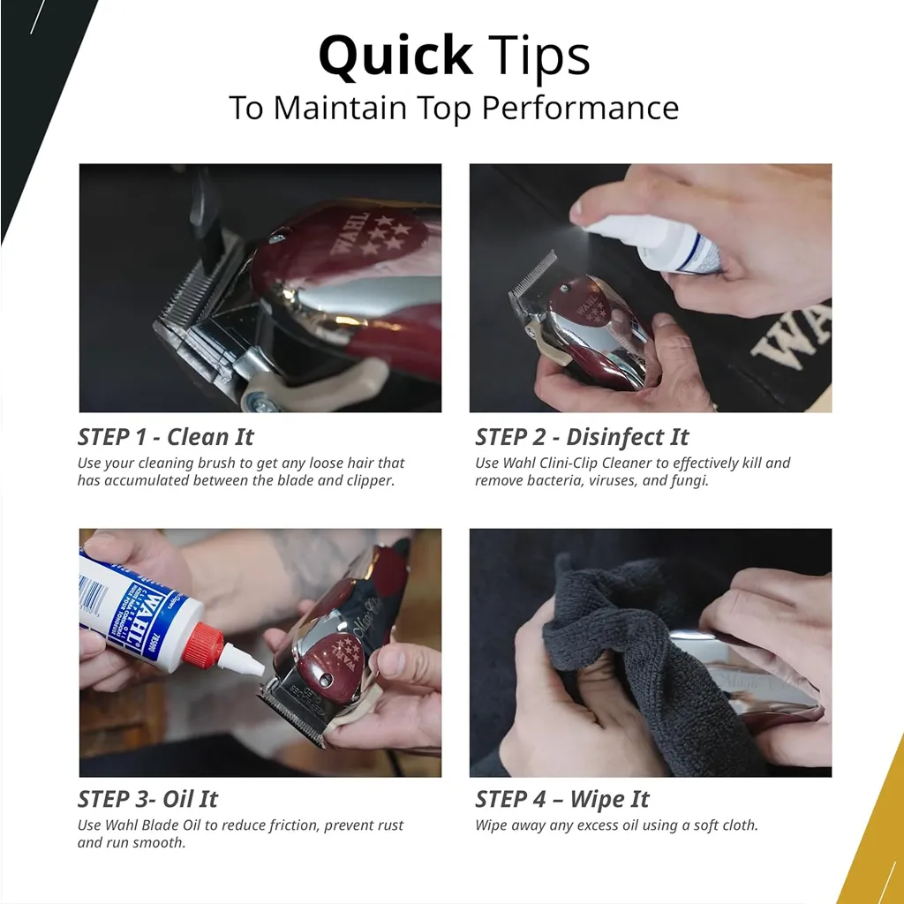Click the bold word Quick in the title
click(395, 56)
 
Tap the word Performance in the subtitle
click(580, 108)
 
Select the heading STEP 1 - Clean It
click(165, 437)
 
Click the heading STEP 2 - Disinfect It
click(582, 437)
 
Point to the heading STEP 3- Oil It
click(147, 799)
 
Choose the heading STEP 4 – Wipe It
click(562, 799)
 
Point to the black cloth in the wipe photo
click(645, 652)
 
